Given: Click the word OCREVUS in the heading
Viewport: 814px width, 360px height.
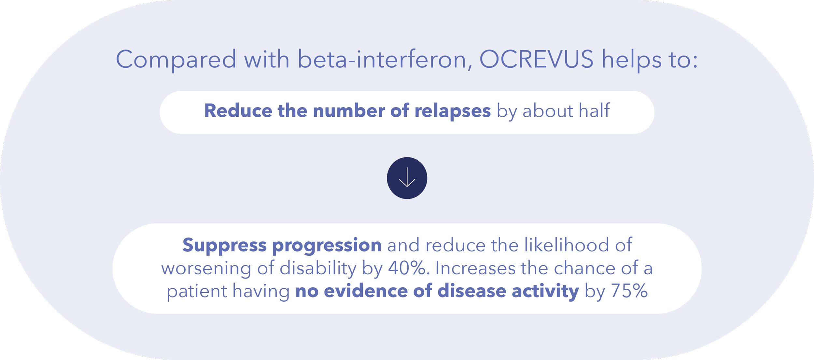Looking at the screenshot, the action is tap(536, 59).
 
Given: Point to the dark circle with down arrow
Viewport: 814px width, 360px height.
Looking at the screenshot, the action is tap(407, 178).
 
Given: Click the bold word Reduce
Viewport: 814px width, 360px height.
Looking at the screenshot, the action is tap(238, 110).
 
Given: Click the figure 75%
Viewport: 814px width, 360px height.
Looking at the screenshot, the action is tap(629, 291).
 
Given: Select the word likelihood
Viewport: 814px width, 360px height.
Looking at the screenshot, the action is tap(567, 245).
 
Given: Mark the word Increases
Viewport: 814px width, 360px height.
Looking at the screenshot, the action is tap(475, 268).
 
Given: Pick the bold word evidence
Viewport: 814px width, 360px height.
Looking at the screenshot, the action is tap(366, 291).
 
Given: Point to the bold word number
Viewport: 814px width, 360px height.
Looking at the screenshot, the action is tap(349, 110).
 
